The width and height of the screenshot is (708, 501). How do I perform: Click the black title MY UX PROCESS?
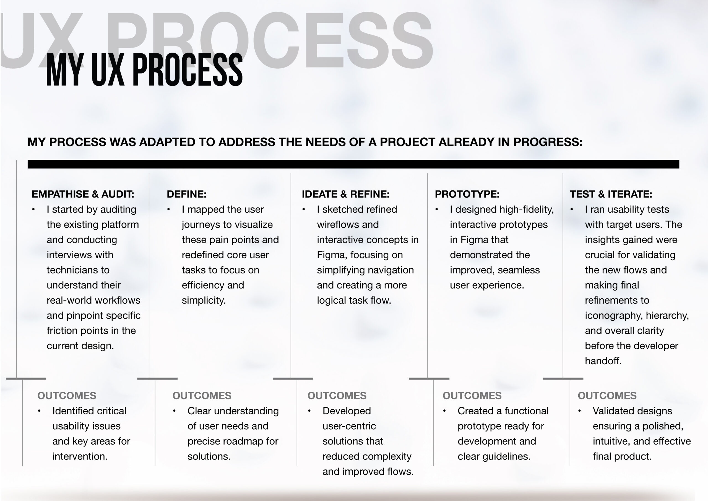pyautogui.click(x=144, y=70)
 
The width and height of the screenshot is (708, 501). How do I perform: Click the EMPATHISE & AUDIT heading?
pyautogui.click(x=83, y=194)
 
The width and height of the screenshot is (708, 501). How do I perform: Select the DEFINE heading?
pyautogui.click(x=187, y=194)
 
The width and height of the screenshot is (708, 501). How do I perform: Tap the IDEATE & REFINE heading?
pyautogui.click(x=346, y=194)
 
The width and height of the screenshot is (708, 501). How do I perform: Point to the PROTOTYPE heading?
pyautogui.click(x=467, y=194)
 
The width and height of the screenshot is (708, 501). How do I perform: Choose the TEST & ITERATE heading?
pyautogui.click(x=611, y=194)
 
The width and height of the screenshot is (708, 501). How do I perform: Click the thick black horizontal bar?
pyautogui.click(x=353, y=164)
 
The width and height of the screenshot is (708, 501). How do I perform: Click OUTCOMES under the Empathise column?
pyautogui.click(x=67, y=396)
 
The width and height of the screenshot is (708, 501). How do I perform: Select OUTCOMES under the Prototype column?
pyautogui.click(x=472, y=396)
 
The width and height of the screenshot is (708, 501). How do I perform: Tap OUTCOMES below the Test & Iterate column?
pyautogui.click(x=607, y=396)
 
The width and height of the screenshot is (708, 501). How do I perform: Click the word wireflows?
pyautogui.click(x=338, y=224)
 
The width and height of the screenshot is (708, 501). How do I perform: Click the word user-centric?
pyautogui.click(x=349, y=426)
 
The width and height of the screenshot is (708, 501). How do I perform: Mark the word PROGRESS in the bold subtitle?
pyautogui.click(x=547, y=142)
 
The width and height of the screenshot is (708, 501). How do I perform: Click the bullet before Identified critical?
pyautogui.click(x=39, y=411)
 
